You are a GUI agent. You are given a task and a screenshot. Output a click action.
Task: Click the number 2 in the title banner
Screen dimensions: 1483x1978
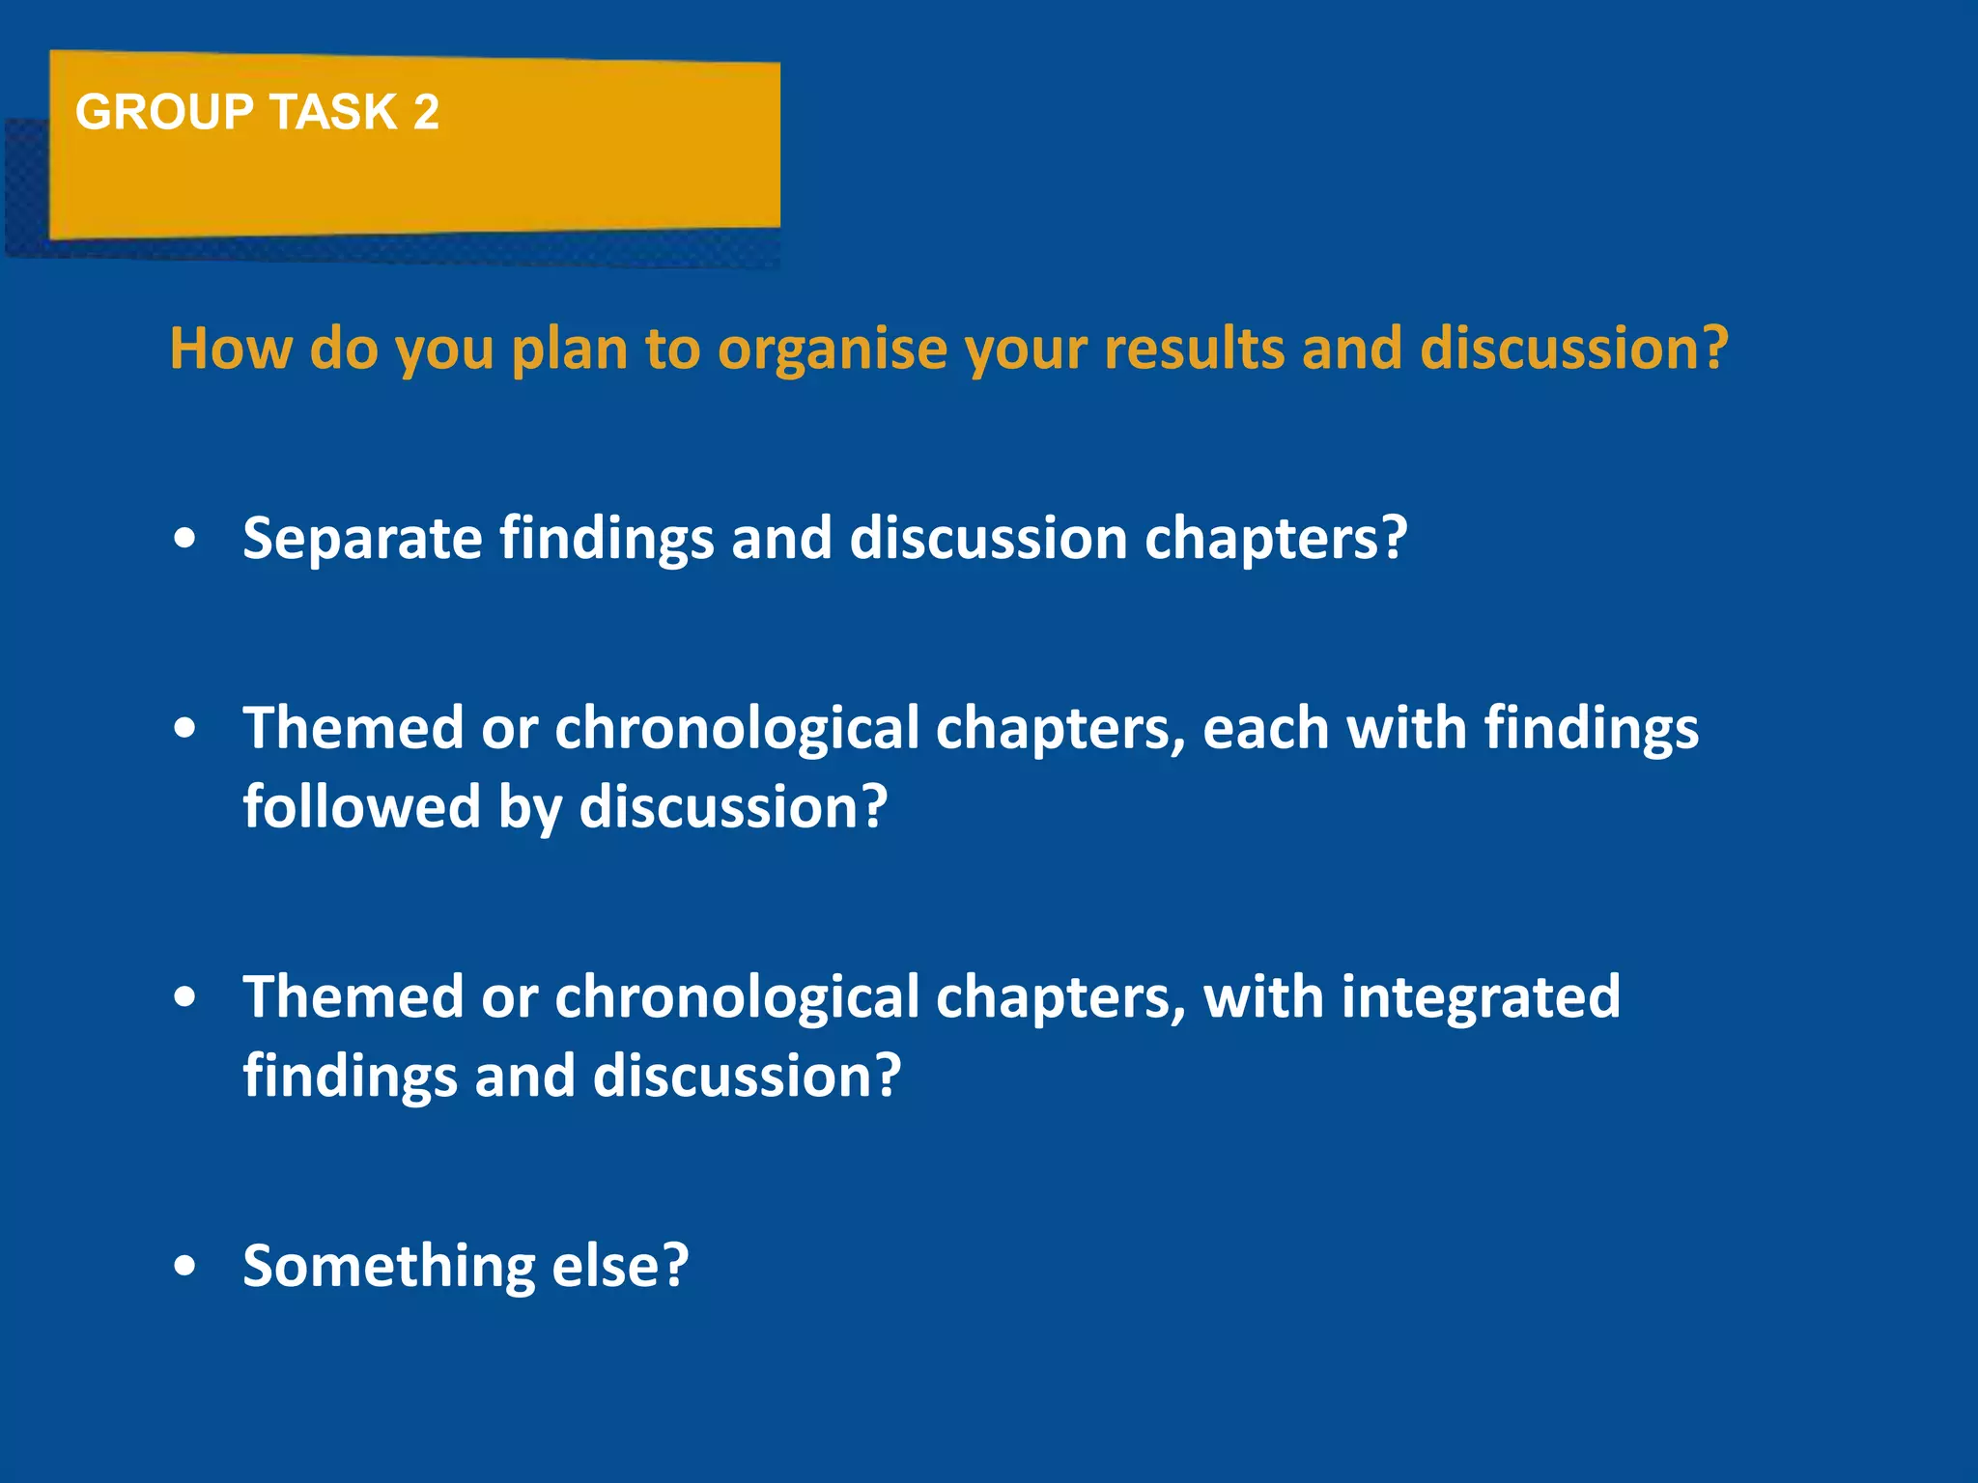[x=426, y=112]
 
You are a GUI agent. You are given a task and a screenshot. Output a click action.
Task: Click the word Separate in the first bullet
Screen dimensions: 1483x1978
[x=362, y=539]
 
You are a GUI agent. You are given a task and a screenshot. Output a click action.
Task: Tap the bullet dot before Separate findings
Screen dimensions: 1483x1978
[x=185, y=539]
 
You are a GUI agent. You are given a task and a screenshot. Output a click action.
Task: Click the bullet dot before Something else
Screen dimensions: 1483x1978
[x=185, y=1266]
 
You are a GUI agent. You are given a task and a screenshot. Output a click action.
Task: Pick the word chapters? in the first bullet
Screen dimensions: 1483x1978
[x=1276, y=539]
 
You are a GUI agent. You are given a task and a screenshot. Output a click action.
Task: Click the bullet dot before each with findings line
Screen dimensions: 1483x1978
[x=185, y=730]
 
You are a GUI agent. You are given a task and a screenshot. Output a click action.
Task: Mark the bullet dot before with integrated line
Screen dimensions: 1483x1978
[x=185, y=998]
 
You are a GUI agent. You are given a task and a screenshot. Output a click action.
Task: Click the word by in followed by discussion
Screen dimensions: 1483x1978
[x=529, y=808]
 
